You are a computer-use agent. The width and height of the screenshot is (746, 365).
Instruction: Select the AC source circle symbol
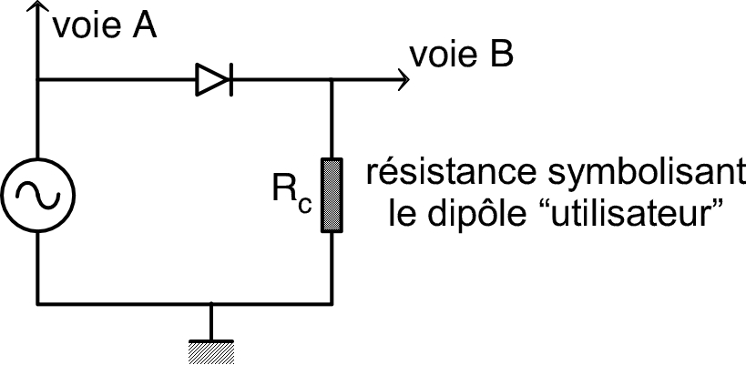coord(37,195)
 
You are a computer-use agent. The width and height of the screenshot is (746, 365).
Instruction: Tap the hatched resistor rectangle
coord(331,195)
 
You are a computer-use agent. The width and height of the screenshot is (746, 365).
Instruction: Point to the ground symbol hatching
coord(211,348)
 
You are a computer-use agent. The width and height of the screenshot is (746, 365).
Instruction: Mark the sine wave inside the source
coord(37,195)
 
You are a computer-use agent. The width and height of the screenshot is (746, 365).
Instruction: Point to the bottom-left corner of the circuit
coord(37,301)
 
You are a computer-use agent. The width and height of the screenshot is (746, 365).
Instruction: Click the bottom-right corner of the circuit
coord(331,301)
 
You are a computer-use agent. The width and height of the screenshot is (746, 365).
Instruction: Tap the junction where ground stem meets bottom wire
coord(211,301)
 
